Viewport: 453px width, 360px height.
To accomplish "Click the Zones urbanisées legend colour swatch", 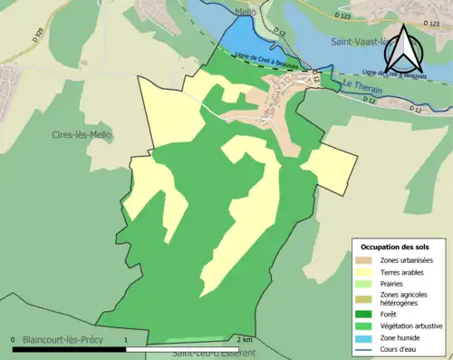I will (367, 261).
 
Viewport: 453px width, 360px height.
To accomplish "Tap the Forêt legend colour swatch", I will (367, 317).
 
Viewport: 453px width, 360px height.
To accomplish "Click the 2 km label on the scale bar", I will (245, 339).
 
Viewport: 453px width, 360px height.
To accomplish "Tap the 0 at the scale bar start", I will (12, 339).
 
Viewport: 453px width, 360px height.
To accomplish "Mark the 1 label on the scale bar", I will (125, 339).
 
